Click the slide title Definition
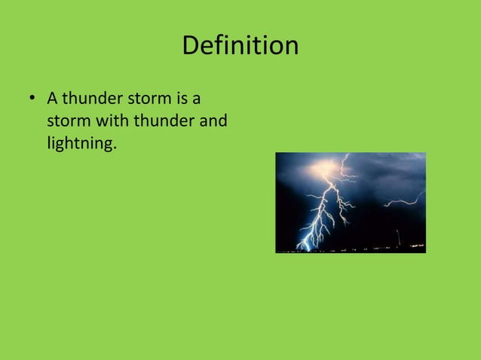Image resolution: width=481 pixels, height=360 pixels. [240, 46]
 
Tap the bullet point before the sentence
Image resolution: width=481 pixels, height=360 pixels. [32, 99]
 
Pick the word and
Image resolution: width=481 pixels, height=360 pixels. [213, 121]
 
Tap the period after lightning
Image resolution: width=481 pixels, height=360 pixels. [115, 147]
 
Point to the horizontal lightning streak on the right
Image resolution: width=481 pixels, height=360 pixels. [403, 201]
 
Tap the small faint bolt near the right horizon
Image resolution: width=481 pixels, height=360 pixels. [397, 237]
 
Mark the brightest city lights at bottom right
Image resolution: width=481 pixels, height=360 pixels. [415, 246]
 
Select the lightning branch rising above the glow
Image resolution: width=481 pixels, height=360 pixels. [345, 160]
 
